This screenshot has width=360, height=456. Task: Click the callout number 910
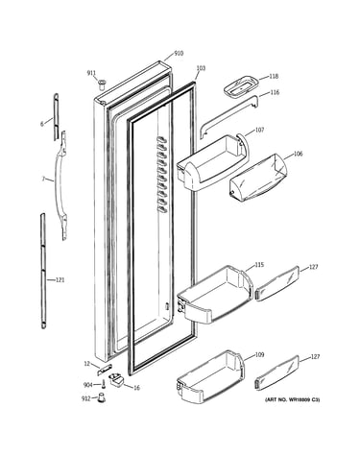pyautogui.click(x=179, y=54)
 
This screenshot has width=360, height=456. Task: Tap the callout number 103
pyautogui.click(x=201, y=68)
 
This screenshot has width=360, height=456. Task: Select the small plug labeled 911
pyautogui.click(x=103, y=85)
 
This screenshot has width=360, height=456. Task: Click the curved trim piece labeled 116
pyautogui.click(x=228, y=116)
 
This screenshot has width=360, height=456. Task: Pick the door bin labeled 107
pyautogui.click(x=212, y=163)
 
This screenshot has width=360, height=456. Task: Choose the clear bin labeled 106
pyautogui.click(x=258, y=178)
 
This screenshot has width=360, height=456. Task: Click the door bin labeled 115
pyautogui.click(x=215, y=294)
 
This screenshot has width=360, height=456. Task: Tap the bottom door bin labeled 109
pyautogui.click(x=210, y=377)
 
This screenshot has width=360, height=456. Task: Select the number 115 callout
pyautogui.click(x=259, y=265)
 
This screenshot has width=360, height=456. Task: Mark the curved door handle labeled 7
pyautogui.click(x=62, y=185)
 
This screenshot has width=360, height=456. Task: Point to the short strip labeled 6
pyautogui.click(x=56, y=117)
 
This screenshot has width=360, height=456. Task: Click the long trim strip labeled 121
pyautogui.click(x=43, y=271)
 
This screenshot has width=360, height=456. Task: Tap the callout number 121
pyautogui.click(x=60, y=280)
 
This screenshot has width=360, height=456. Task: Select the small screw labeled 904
pyautogui.click(x=104, y=384)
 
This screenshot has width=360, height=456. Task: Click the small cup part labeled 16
pyautogui.click(x=116, y=380)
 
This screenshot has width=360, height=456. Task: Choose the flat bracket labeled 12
pyautogui.click(x=105, y=370)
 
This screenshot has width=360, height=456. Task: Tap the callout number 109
pyautogui.click(x=259, y=354)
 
